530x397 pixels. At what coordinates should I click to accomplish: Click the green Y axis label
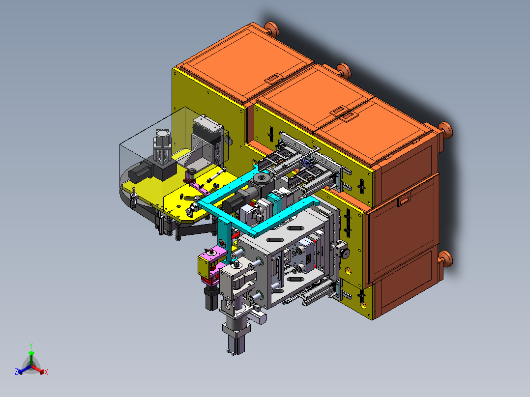pyautogui.click(x=31, y=345)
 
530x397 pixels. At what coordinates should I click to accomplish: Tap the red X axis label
pyautogui.click(x=46, y=372)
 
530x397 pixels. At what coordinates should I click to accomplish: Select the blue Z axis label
pyautogui.click(x=16, y=371)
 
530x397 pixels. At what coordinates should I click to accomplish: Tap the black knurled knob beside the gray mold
pyautogui.click(x=345, y=253)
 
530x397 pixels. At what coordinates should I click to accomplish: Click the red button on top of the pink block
pyautogui.click(x=213, y=252)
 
